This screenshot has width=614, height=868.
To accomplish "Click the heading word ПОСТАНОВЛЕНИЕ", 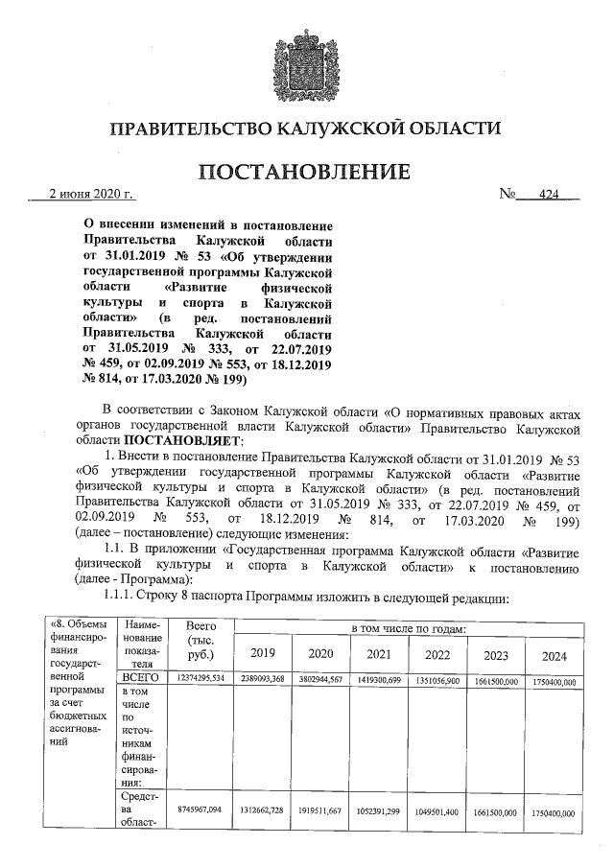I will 306,173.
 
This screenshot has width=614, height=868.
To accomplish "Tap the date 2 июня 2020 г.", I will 91,196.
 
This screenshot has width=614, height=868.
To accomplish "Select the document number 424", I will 548,196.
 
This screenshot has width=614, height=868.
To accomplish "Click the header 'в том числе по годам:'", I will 407,628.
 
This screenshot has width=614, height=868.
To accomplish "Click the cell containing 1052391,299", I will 378,810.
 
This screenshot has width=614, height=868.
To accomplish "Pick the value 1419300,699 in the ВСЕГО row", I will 378,678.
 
